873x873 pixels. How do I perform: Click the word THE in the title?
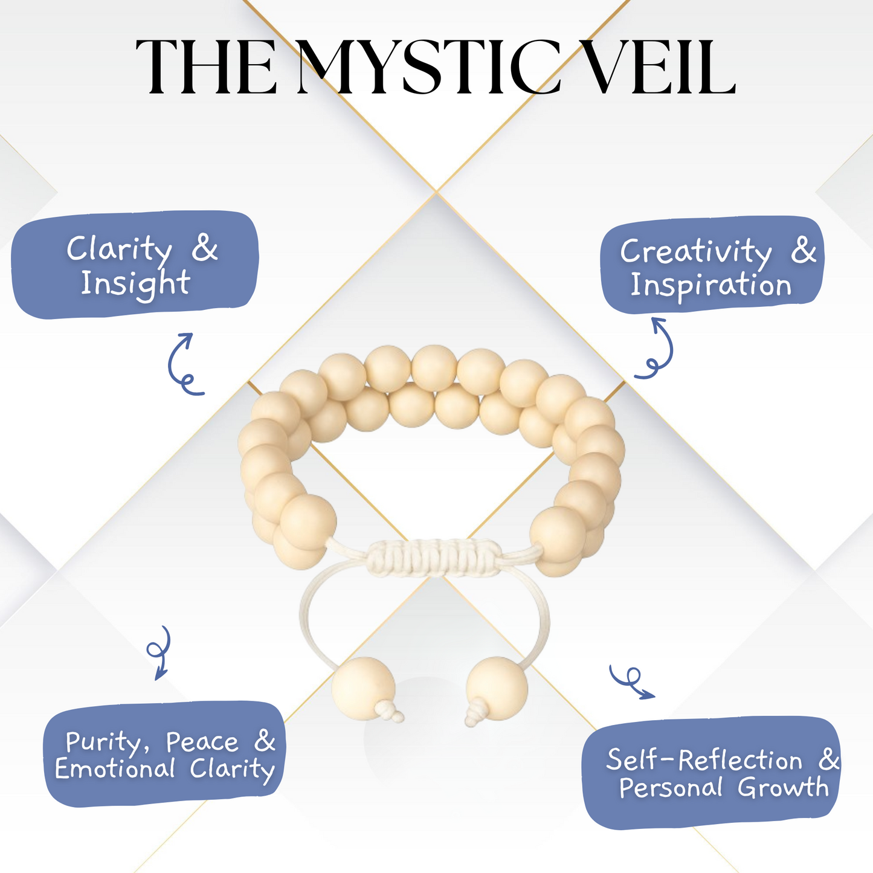point(206,67)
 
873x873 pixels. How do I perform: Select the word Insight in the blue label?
point(135,283)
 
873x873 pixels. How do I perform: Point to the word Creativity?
point(696,251)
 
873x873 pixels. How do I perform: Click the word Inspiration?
point(711,285)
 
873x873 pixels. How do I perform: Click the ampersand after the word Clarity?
point(205,248)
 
